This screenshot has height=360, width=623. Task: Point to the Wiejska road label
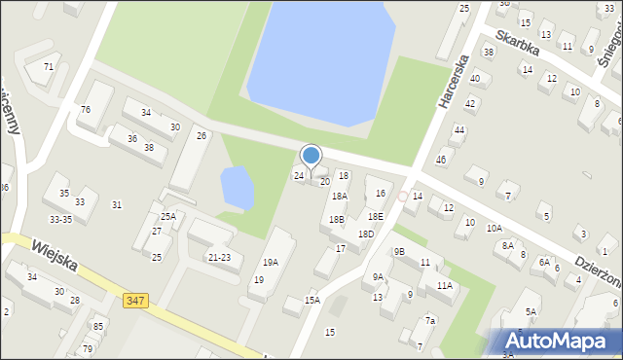55,258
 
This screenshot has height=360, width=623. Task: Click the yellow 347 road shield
135,302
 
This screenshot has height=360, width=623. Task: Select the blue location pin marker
311,156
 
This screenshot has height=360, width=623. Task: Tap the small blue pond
238,187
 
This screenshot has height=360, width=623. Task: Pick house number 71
48,67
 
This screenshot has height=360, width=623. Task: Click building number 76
86,110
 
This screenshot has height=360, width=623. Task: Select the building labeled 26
202,135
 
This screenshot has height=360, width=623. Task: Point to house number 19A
271,262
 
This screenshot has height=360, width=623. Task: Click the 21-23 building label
219,257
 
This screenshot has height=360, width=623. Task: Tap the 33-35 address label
61,220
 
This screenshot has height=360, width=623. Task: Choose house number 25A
167,216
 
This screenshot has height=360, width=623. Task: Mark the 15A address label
311,301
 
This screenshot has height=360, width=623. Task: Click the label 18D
365,234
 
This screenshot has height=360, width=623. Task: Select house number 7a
429,320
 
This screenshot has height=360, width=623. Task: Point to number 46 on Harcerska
441,160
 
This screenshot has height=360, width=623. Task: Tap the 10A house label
495,229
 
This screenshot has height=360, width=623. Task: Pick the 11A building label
445,286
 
